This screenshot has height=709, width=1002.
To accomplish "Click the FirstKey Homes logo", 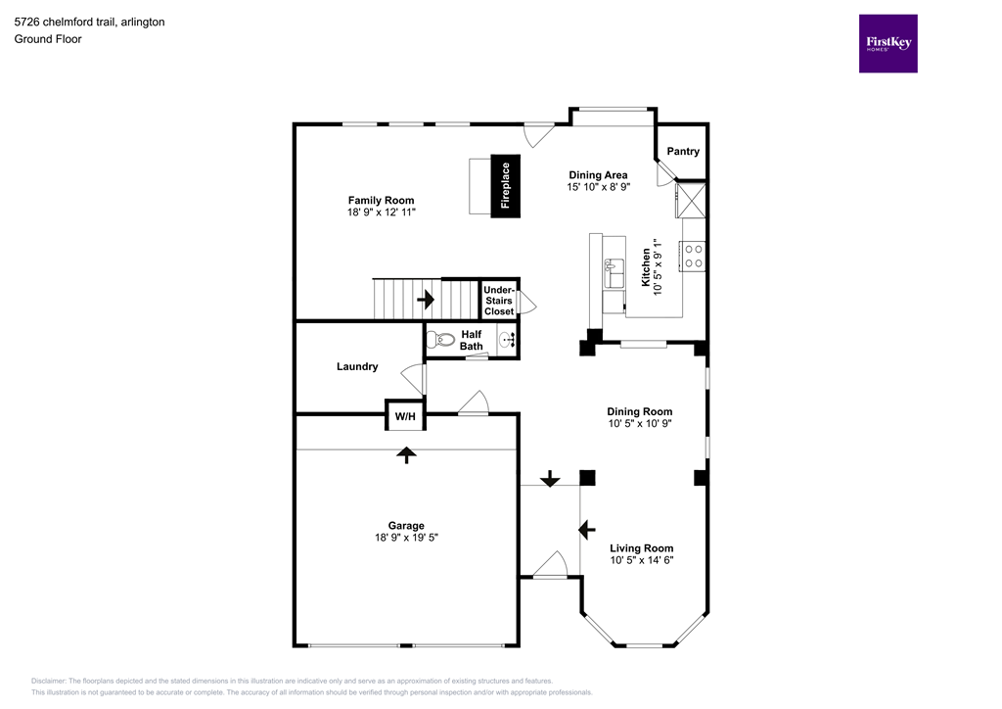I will tap(888, 43).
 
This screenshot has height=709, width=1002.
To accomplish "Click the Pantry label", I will tap(683, 152).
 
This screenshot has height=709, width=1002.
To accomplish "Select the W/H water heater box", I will tap(405, 417).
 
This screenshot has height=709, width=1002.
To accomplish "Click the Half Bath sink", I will tap(507, 341).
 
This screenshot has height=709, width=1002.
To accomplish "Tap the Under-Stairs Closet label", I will tap(499, 300).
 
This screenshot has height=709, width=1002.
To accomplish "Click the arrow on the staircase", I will tap(427, 298).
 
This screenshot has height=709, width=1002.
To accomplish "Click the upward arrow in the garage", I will tap(405, 453).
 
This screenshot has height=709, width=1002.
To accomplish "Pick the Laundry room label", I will tap(357, 367).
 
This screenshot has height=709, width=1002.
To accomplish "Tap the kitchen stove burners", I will tap(693, 257).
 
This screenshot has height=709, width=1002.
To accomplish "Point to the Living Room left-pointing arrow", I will tap(587, 530).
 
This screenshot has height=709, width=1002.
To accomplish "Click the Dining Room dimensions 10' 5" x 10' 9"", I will tap(641, 424).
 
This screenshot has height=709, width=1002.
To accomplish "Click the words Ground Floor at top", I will tap(48, 39).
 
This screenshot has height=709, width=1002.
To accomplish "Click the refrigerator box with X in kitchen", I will tap(692, 202).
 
